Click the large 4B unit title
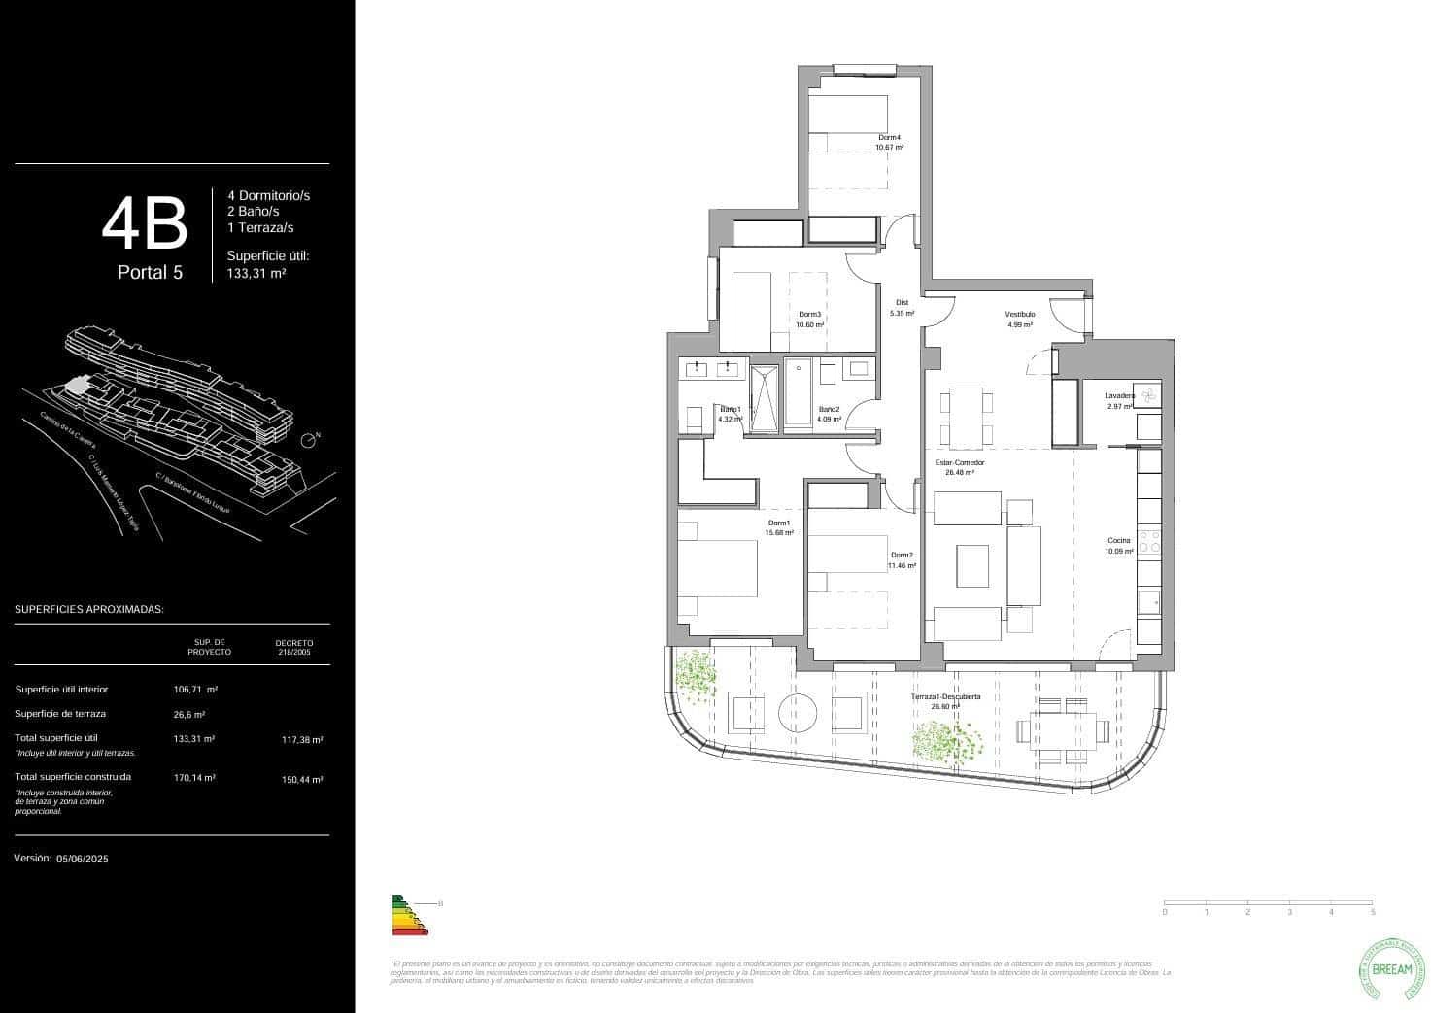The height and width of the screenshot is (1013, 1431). click(x=145, y=223)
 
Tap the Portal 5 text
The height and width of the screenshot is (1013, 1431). click(x=150, y=273)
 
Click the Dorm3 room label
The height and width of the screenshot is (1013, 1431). click(x=809, y=315)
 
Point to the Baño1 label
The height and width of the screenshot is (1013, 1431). click(x=731, y=409)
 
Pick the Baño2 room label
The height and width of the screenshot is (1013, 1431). click(x=829, y=409)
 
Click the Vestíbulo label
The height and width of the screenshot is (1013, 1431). click(x=1019, y=315)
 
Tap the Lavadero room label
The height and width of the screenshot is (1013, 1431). click(x=1119, y=396)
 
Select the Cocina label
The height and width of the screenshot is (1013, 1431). click(x=1119, y=541)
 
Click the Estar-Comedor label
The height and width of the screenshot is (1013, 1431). click(x=960, y=463)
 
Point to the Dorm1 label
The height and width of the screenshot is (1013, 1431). click(x=779, y=523)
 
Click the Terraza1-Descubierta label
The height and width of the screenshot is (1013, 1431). click(x=945, y=697)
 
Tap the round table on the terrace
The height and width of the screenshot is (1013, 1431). click(x=801, y=713)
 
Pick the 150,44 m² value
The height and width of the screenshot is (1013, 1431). click(x=302, y=779)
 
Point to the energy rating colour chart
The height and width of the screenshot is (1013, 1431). click(x=406, y=915)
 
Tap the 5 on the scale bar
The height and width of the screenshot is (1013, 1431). click(x=1373, y=912)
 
